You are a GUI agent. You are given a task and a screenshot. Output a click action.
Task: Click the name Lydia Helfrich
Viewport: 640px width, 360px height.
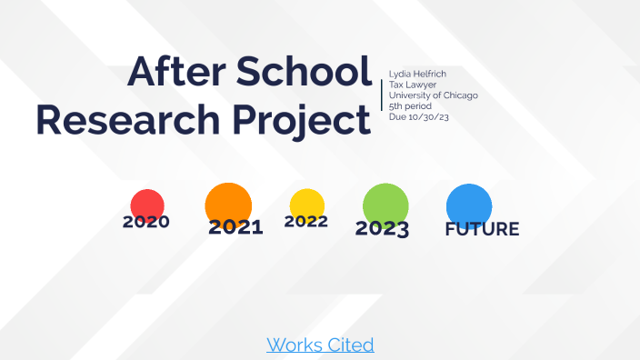(x=418, y=73)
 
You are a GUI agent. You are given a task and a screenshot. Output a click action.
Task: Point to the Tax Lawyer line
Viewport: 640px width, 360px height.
(x=414, y=84)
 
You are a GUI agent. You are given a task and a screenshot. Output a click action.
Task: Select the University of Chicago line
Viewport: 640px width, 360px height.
(x=434, y=95)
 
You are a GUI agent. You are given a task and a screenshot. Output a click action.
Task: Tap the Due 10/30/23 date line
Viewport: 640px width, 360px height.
(x=421, y=117)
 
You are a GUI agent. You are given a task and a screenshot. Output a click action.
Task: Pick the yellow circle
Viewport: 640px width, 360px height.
(x=306, y=203)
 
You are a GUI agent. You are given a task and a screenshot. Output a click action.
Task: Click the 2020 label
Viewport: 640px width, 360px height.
(x=146, y=222)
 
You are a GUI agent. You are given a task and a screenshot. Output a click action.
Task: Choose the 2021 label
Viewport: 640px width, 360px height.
(x=235, y=227)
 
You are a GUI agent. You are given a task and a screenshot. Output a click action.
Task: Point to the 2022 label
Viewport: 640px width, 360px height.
(x=306, y=221)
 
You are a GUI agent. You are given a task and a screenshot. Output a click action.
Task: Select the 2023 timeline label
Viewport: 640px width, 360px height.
(x=382, y=229)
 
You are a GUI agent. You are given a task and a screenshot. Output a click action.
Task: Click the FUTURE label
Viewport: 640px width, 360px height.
(x=482, y=229)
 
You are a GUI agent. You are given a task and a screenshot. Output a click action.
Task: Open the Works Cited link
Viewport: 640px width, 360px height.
(x=320, y=345)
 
